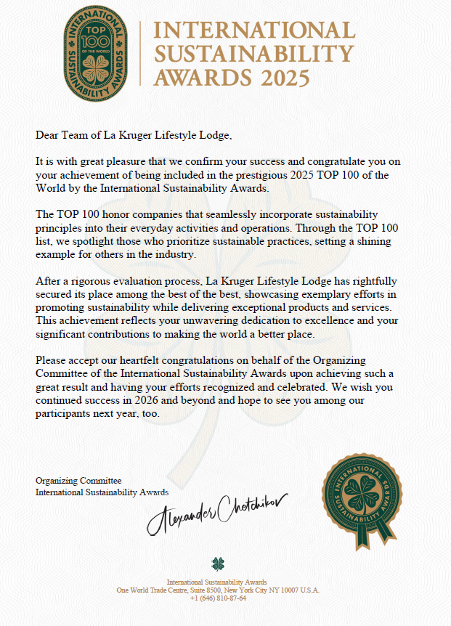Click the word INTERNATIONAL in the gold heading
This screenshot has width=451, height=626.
(x=255, y=31)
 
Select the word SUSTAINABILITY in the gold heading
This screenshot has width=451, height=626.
(x=254, y=54)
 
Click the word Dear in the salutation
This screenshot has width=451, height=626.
(x=47, y=134)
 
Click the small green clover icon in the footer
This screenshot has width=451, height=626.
(x=218, y=564)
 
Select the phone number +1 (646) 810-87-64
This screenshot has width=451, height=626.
(x=218, y=598)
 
